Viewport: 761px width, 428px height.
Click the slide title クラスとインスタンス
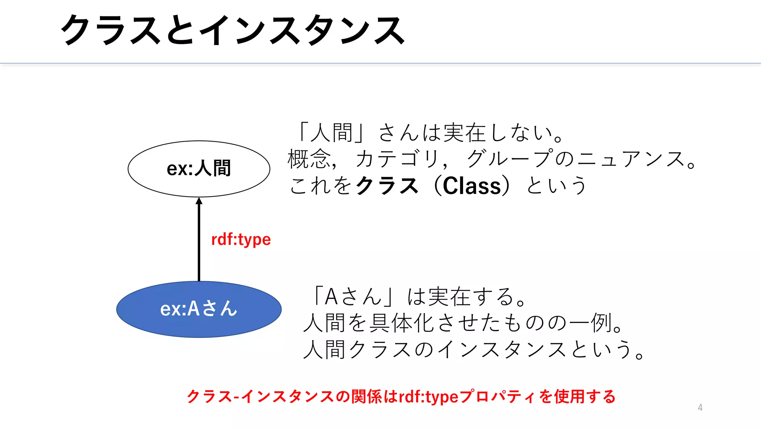pos(233,30)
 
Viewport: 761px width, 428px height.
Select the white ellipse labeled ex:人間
pos(199,169)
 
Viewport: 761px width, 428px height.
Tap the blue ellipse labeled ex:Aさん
pos(199,309)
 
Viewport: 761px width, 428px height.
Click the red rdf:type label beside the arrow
pos(241,239)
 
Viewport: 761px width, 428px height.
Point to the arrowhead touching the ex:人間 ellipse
pos(199,201)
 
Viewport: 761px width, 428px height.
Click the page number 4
pos(700,408)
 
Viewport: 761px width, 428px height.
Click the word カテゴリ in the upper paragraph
pos(398,159)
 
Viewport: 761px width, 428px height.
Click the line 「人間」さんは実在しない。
pos(431,133)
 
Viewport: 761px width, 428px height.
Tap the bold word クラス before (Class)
pos(386,186)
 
